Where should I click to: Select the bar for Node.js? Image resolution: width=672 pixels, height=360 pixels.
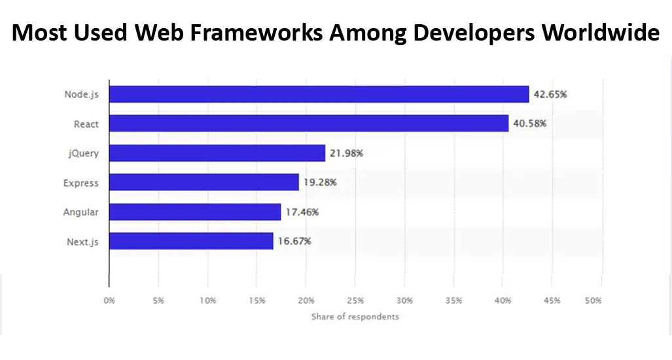click(x=319, y=94)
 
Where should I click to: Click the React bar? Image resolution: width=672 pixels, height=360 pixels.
click(x=309, y=124)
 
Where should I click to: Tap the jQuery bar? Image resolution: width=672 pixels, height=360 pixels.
click(x=217, y=153)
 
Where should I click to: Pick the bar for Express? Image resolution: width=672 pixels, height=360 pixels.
click(x=204, y=183)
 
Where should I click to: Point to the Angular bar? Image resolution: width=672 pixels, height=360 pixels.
click(x=195, y=212)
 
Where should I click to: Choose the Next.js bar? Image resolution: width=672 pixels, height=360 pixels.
click(x=191, y=241)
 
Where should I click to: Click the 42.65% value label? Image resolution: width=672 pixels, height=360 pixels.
click(x=550, y=94)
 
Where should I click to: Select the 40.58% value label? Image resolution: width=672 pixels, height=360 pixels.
click(x=529, y=124)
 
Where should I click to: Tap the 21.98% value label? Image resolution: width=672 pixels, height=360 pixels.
click(x=346, y=153)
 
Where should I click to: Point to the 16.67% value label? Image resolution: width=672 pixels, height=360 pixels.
click(x=294, y=241)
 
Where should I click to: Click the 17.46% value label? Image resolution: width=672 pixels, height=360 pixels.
click(x=302, y=212)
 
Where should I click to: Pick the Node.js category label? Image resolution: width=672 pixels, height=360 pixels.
click(x=81, y=94)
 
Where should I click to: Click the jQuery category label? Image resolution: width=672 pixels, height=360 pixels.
click(x=84, y=153)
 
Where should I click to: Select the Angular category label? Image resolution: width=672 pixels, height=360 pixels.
click(x=81, y=212)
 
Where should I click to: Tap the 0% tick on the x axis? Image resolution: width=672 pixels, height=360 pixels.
click(x=109, y=300)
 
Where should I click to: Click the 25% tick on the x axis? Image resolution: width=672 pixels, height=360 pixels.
click(x=355, y=300)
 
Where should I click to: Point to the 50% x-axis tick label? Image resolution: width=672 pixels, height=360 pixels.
click(x=593, y=300)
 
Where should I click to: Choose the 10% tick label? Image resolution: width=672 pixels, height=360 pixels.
click(x=207, y=300)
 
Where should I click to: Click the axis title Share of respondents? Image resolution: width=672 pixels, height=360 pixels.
click(x=355, y=317)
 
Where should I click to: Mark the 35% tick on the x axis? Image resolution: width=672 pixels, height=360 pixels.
click(x=453, y=300)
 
